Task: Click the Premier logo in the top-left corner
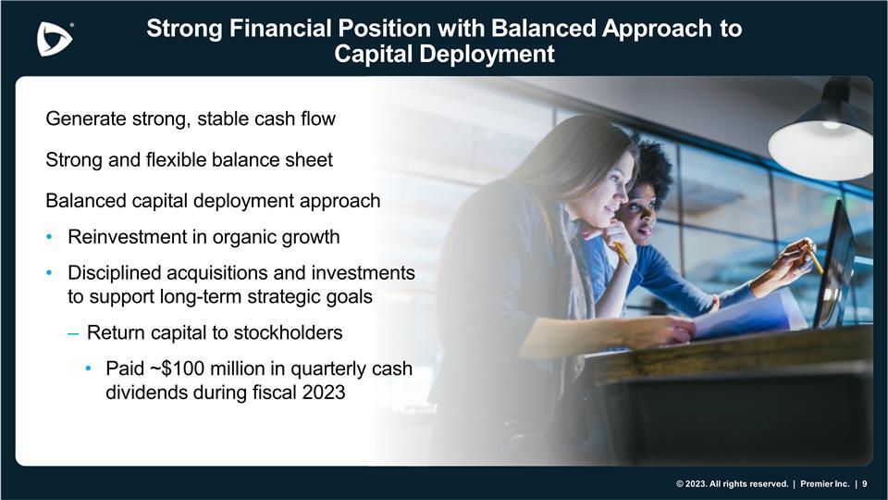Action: click(55, 38)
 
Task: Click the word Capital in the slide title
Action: click(375, 55)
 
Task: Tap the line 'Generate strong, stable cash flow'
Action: click(190, 119)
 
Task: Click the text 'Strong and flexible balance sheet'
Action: click(189, 159)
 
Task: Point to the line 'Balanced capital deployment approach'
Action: click(213, 200)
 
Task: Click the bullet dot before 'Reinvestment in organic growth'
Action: click(50, 237)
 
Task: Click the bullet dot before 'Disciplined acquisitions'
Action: click(50, 274)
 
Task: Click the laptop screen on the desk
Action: click(837, 269)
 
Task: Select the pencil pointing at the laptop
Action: click(815, 260)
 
